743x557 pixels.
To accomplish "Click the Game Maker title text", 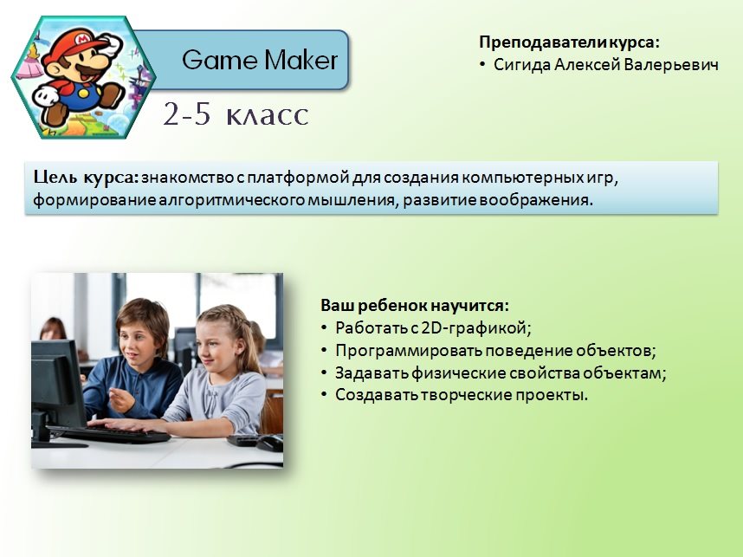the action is [x=260, y=60].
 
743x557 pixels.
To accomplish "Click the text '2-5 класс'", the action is [x=236, y=114].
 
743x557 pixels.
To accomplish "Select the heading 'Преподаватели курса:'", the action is [x=569, y=42].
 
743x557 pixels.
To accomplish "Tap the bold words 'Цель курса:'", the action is [x=86, y=178].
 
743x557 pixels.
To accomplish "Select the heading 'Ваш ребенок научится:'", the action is [x=415, y=305].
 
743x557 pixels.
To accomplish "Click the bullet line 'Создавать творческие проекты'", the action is [x=461, y=395].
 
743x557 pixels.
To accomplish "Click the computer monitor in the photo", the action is [x=58, y=385].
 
